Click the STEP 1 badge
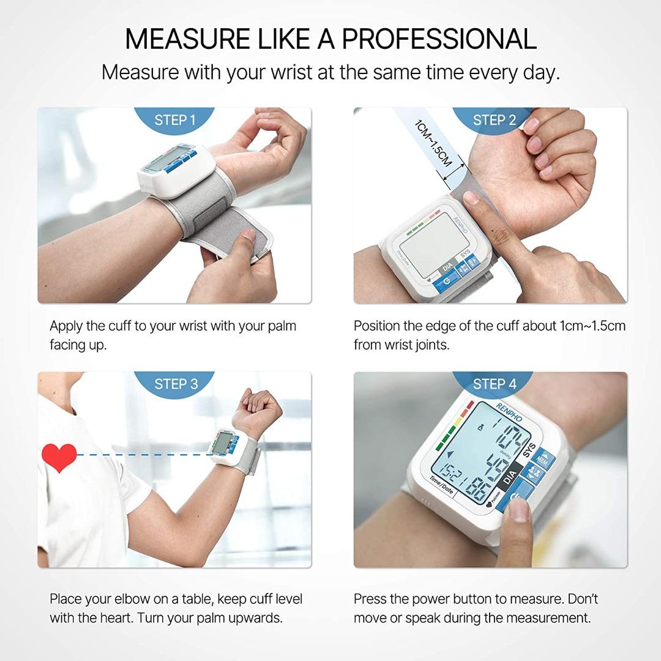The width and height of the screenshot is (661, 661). point(175,119)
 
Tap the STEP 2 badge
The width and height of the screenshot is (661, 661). point(495,119)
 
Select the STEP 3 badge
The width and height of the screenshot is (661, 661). point(176,384)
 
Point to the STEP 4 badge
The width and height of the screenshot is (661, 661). point(495,384)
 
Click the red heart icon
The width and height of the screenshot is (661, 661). point(59,457)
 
